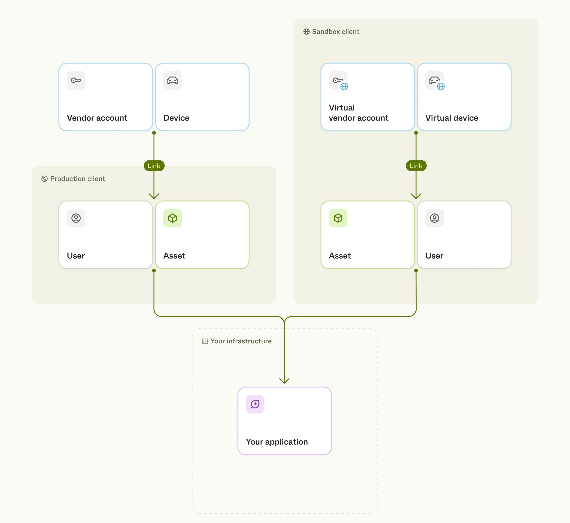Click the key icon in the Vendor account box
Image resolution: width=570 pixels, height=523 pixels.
[76, 80]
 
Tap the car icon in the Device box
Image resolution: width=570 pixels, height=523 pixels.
[172, 80]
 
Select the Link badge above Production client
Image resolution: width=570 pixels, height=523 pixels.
[154, 166]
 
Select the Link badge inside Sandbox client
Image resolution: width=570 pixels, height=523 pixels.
[416, 166]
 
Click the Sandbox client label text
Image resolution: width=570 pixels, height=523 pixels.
[336, 32]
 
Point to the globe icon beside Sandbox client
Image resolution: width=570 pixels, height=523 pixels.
[306, 32]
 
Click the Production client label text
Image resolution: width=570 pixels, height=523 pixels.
[77, 179]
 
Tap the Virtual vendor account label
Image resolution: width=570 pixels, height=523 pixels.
[358, 113]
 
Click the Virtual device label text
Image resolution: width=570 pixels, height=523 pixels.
[451, 118]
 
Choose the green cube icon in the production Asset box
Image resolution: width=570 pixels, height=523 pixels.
[172, 218]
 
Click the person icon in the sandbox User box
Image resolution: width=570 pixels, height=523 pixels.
[434, 218]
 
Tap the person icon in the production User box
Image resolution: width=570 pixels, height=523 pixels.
[76, 218]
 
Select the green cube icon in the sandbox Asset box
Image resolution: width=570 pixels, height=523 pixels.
[338, 218]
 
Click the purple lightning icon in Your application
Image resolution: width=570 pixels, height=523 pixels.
[255, 404]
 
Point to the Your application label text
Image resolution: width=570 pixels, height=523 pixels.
[277, 442]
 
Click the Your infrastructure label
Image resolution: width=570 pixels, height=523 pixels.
[241, 341]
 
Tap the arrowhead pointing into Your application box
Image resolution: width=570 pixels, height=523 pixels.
[284, 381]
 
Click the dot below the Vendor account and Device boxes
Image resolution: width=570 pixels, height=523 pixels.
[154, 133]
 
